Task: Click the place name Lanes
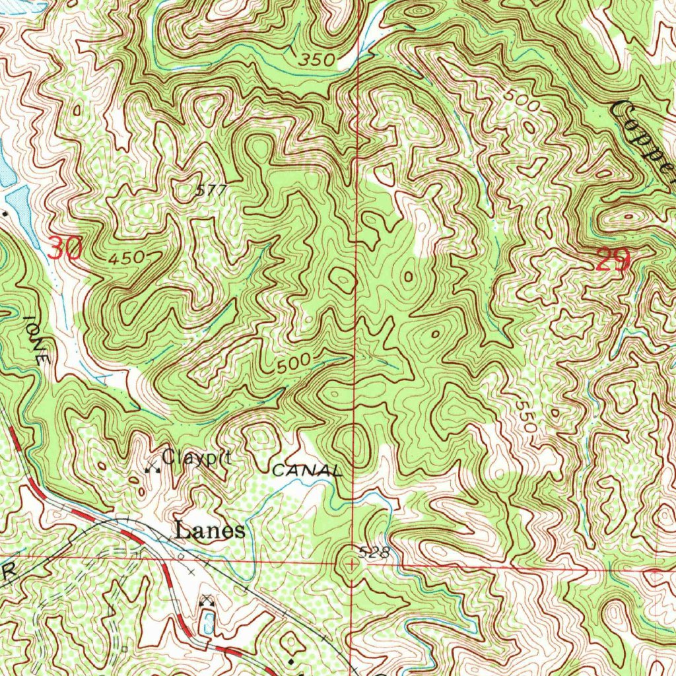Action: coord(209,531)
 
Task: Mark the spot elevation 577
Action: coord(211,191)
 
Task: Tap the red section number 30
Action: coord(65,250)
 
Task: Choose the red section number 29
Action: coord(613,261)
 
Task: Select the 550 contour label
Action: coord(525,415)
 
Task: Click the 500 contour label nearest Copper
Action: coord(522,98)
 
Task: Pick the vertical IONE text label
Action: coord(36,339)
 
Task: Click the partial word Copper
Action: coord(644,135)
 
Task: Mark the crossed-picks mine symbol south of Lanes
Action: coord(208,600)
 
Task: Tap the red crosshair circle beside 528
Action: coord(351,564)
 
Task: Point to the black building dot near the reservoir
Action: coord(6,213)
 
